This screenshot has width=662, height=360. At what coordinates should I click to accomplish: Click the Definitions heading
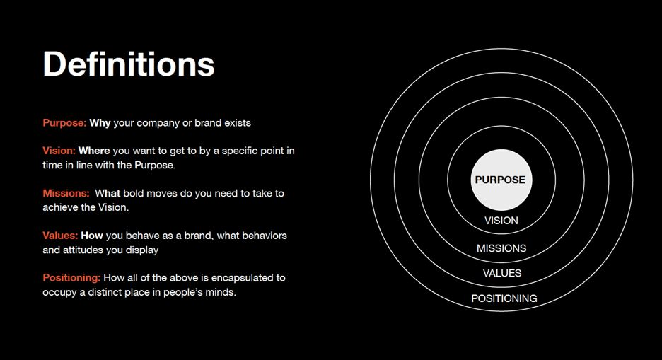[x=129, y=64]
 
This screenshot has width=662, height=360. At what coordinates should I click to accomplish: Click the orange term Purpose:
[x=64, y=123]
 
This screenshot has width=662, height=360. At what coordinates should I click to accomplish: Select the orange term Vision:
[x=59, y=151]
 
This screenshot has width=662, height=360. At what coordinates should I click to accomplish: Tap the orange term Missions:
[x=66, y=193]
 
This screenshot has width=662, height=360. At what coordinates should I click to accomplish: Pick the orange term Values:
[x=60, y=236]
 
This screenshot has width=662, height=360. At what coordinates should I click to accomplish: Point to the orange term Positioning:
[x=71, y=278]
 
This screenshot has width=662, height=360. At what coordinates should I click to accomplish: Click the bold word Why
[x=100, y=123]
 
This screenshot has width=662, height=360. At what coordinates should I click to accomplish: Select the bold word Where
[x=94, y=151]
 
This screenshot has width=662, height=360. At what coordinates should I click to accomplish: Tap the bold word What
[x=108, y=193]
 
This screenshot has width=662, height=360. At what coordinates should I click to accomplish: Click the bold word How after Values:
[x=92, y=236]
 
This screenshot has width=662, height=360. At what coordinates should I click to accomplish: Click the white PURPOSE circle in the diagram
[x=501, y=180]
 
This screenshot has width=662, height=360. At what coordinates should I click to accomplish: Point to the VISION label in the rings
[x=501, y=220]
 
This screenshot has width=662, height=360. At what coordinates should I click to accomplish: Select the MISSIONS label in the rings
[x=501, y=248]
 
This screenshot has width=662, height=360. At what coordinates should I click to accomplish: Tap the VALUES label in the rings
[x=502, y=273]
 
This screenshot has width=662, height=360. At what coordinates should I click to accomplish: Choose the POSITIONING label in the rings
[x=504, y=298]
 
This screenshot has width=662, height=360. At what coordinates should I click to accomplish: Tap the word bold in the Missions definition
[x=132, y=193]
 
